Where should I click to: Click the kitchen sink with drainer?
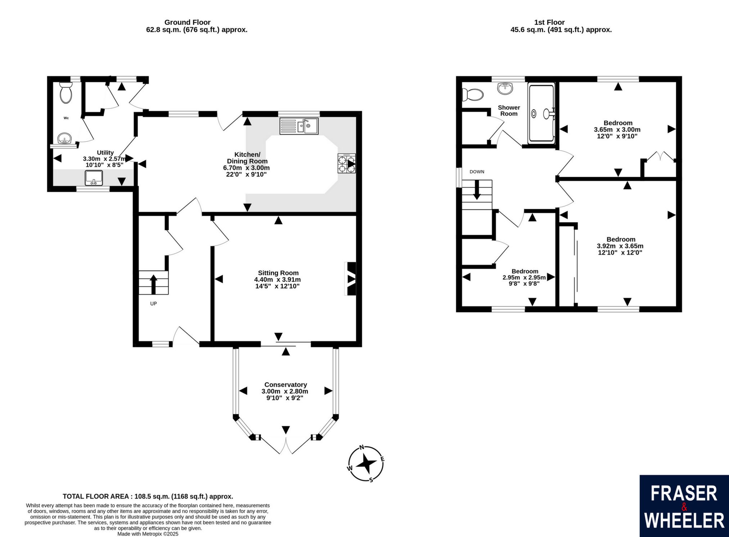pos(299,126)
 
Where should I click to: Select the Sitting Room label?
pos(278,273)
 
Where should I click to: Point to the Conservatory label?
pos(285,385)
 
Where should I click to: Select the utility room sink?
pos(94,178)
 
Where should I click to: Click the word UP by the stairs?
pos(153,304)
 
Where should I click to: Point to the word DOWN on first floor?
pos(477,172)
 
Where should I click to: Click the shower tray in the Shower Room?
pos(541,113)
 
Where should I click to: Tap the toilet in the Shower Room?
pos(473,95)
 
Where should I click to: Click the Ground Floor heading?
pos(187,22)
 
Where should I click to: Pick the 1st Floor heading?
pos(550,22)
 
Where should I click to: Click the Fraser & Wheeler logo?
pos(684,506)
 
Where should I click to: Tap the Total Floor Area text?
pos(148,496)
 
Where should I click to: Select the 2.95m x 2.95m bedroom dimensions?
pos(524,278)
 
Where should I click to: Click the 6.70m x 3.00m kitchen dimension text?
pos(246,168)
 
